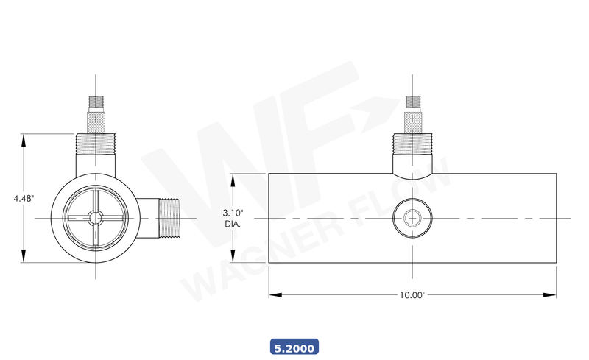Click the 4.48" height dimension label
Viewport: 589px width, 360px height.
click(x=24, y=198)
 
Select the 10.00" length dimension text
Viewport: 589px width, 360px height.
click(x=412, y=295)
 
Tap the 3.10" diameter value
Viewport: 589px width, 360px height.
click(x=233, y=213)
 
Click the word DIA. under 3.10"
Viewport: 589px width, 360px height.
click(x=233, y=224)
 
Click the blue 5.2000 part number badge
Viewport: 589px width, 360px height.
click(x=294, y=346)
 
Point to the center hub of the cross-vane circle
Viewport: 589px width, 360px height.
click(x=96, y=218)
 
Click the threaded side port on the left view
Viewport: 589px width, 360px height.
click(x=170, y=218)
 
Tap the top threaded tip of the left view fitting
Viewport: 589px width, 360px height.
click(x=96, y=100)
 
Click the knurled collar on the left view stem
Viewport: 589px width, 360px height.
click(x=96, y=119)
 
